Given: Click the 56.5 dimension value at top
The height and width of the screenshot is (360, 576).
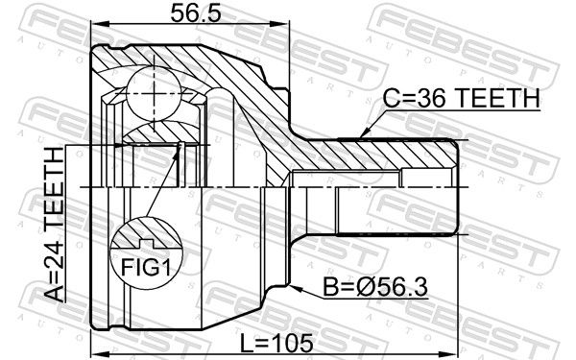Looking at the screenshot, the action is [x=196, y=13].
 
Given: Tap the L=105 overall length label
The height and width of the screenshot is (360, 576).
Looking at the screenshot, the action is [x=276, y=344].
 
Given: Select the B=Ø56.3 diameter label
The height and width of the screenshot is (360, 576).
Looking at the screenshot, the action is [x=375, y=287].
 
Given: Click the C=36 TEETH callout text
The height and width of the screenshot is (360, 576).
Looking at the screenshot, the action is [x=462, y=99].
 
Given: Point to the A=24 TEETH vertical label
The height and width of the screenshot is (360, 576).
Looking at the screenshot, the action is [x=54, y=225].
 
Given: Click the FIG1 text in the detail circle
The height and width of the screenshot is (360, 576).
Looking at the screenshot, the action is [x=146, y=268].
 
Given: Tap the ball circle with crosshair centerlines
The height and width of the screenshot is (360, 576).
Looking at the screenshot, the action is [x=154, y=93].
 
